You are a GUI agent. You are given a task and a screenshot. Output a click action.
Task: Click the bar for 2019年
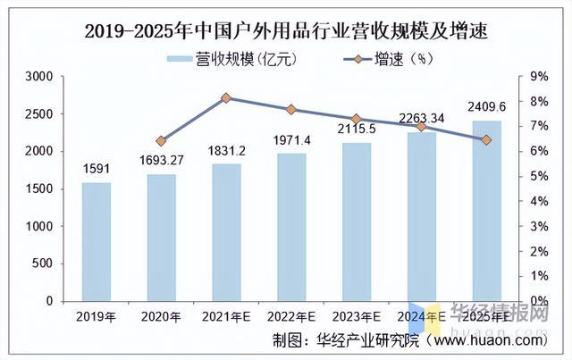point(97,242)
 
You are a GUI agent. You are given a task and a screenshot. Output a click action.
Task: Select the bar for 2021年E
point(226,232)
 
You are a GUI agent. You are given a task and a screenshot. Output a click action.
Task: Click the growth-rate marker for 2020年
point(162,141)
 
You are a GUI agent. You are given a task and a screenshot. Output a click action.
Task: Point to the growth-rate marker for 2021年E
point(226,97)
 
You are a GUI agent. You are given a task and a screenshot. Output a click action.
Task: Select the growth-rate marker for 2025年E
point(486,140)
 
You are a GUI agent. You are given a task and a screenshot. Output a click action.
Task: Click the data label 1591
point(97,168)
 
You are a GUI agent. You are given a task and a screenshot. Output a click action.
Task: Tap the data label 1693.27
point(162,160)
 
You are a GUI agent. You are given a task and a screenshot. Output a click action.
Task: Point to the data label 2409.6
point(486,107)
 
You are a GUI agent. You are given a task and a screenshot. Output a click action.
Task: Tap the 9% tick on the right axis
point(539,78)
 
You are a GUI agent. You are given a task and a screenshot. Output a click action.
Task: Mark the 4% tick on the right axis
point(539,202)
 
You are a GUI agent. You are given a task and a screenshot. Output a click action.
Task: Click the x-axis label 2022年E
point(291,315)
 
